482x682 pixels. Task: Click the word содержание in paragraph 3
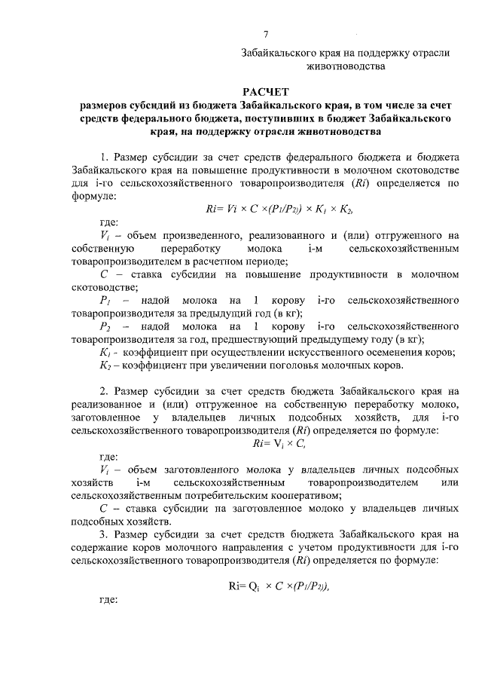point(100,548)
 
